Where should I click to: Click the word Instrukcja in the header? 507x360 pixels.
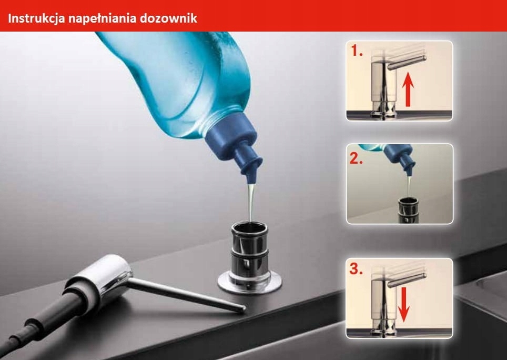(x=35, y=19)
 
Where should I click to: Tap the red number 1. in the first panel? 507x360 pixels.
(x=358, y=52)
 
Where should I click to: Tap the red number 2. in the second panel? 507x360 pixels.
(x=358, y=159)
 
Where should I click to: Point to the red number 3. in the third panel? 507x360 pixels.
(x=358, y=271)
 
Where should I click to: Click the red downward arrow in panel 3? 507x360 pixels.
(x=403, y=304)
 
